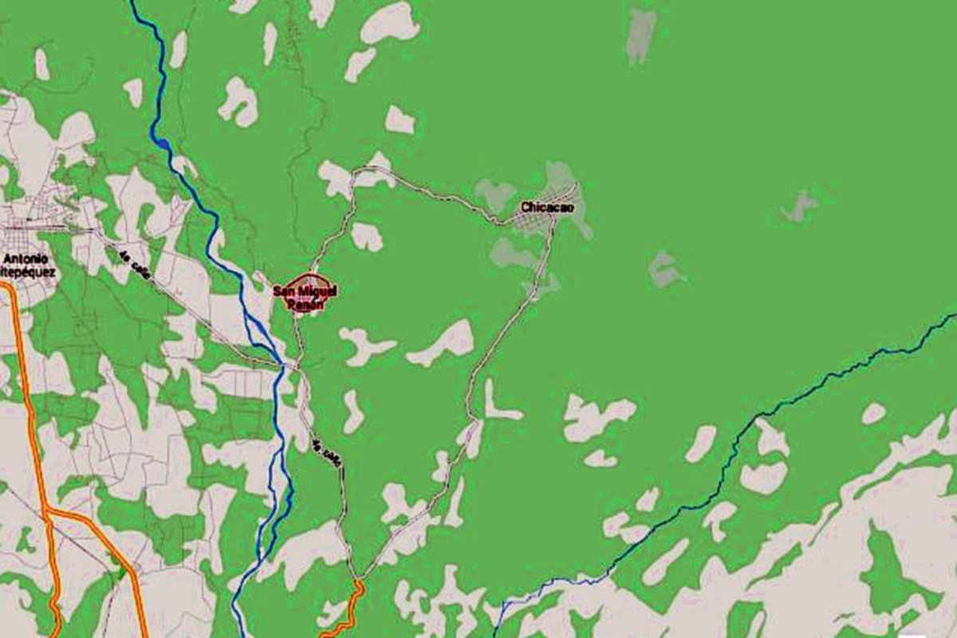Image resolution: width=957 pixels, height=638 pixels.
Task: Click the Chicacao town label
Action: [x=547, y=207]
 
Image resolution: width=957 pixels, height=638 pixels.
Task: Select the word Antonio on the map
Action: [x=25, y=259]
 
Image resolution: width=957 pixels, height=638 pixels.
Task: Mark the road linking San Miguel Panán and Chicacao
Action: [x=431, y=191]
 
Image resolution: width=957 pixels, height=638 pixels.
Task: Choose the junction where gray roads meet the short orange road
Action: [x=360, y=579]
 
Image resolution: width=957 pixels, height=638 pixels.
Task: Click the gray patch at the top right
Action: [x=640, y=36]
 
